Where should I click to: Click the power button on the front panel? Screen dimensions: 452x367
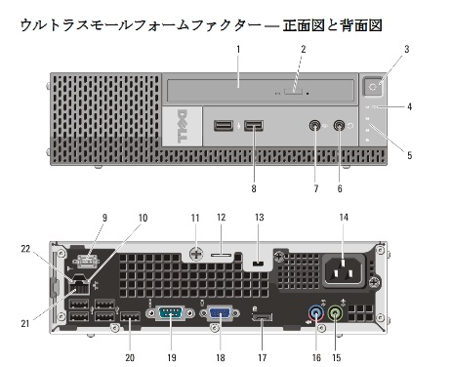pyautogui.click(x=373, y=86)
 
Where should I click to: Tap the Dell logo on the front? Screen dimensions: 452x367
pyautogui.click(x=183, y=126)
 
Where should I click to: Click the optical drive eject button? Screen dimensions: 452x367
pyautogui.click(x=293, y=92)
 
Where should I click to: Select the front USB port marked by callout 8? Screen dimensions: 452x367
pyautogui.click(x=254, y=126)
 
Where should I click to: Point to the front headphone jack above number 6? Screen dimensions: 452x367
pyautogui.click(x=339, y=125)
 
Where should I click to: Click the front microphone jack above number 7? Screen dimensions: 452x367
pyautogui.click(x=314, y=125)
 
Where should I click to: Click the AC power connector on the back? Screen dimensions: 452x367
pyautogui.click(x=344, y=270)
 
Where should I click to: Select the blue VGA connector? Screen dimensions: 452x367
pyautogui.click(x=220, y=313)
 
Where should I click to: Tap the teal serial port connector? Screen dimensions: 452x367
pyautogui.click(x=171, y=313)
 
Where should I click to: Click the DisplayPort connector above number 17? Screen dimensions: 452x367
pyautogui.click(x=262, y=318)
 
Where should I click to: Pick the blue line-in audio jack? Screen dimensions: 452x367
pyautogui.click(x=316, y=314)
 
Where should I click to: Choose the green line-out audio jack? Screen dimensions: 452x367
pyautogui.click(x=336, y=314)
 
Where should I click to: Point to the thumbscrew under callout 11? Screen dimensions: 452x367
pyautogui.click(x=195, y=253)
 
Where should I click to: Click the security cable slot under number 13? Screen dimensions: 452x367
pyautogui.click(x=259, y=263)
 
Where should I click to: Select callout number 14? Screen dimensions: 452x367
pyautogui.click(x=344, y=218)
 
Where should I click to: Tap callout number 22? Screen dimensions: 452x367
pyautogui.click(x=25, y=249)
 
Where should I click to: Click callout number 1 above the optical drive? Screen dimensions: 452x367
pyautogui.click(x=238, y=50)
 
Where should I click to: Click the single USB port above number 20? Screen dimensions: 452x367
pyautogui.click(x=130, y=316)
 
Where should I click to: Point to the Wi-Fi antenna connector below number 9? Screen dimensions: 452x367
pyautogui.click(x=88, y=261)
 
